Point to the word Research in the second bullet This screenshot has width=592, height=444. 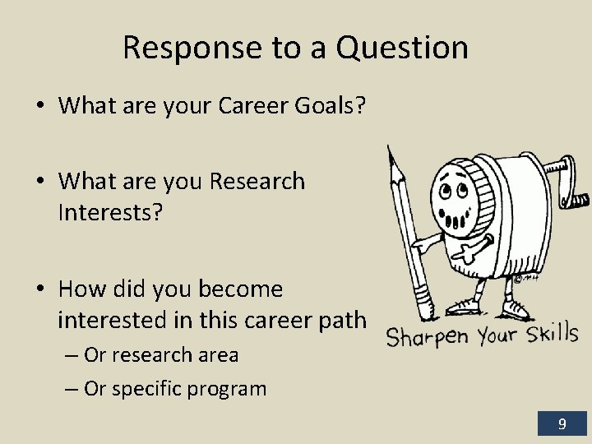257,181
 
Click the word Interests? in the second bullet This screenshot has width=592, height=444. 111,213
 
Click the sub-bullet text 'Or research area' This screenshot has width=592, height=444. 161,355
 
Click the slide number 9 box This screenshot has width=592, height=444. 562,423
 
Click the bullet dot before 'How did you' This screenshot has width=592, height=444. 41,289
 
